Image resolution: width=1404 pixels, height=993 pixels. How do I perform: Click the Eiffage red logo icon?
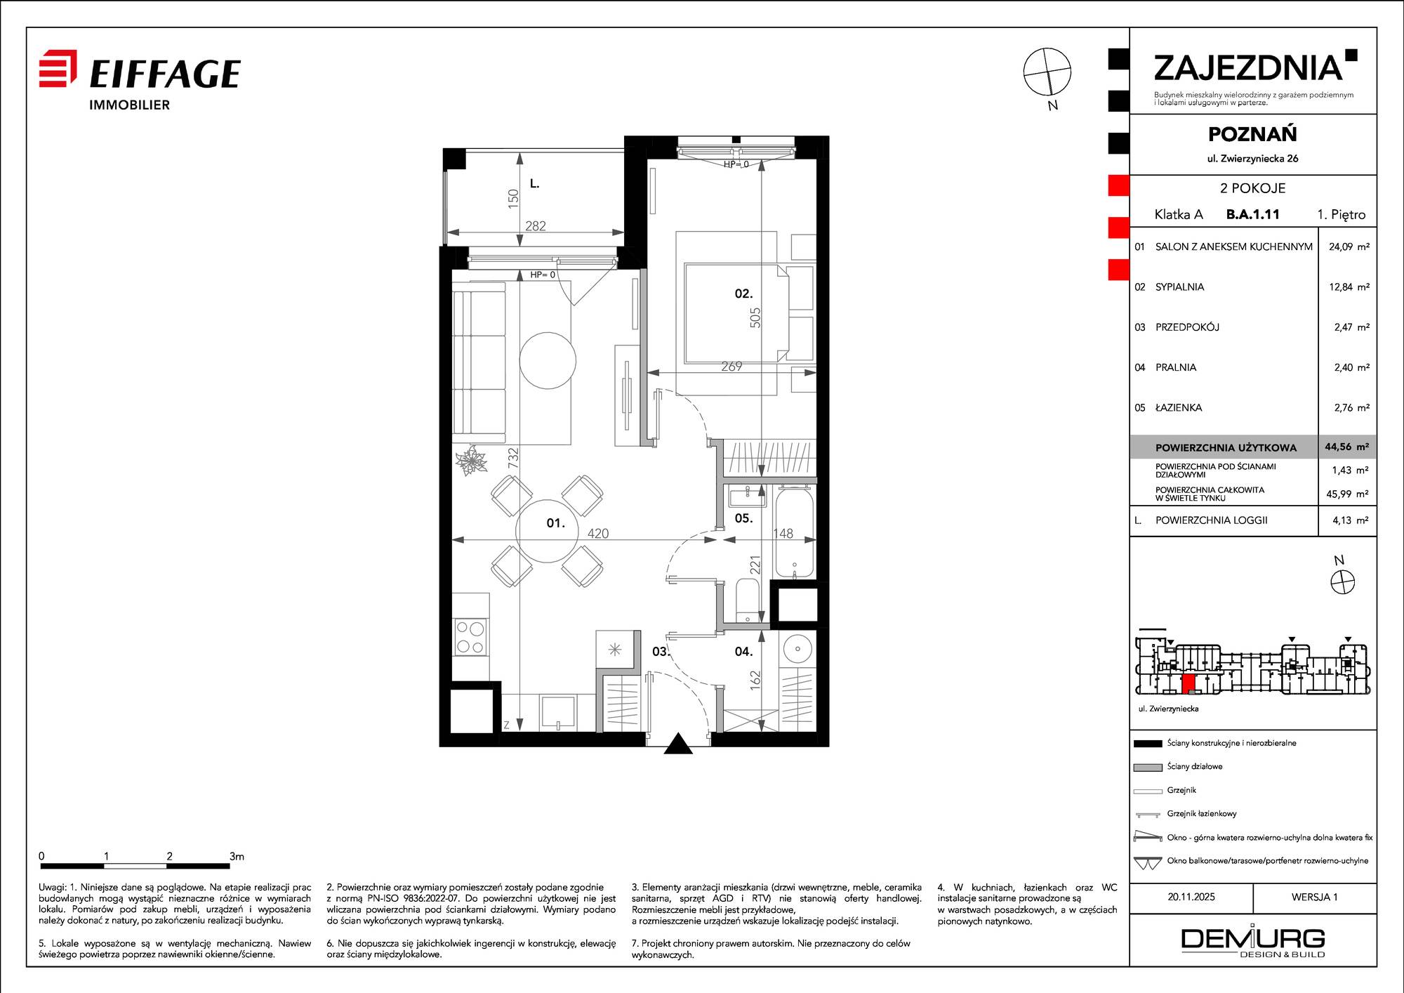[58, 68]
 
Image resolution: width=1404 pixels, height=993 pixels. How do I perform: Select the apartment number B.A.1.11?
[1252, 215]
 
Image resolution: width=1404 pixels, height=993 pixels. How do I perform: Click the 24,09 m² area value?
[1349, 246]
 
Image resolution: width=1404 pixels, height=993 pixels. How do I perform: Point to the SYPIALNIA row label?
[1179, 287]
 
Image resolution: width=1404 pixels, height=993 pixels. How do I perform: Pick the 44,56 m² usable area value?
[1346, 447]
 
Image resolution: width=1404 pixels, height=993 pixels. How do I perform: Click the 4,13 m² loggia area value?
[1351, 520]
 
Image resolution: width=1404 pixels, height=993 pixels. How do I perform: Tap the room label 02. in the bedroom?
[743, 294]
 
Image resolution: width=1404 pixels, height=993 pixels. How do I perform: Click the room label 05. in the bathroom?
[743, 518]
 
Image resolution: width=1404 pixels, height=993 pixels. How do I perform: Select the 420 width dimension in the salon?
[598, 534]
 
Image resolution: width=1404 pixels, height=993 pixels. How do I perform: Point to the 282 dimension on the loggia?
[536, 226]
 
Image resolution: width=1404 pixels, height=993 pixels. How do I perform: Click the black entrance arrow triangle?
[678, 744]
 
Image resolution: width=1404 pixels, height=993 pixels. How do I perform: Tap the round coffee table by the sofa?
[548, 360]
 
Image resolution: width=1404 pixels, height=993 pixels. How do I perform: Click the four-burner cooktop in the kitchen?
[470, 637]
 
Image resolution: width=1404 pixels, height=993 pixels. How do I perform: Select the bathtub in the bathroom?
[795, 533]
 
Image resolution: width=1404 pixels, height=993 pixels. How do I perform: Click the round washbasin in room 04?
[797, 648]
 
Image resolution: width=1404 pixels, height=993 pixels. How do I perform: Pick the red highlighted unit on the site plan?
[1189, 685]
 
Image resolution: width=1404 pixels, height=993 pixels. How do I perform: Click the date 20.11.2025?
[1191, 897]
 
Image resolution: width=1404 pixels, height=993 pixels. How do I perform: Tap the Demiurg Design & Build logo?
[1253, 942]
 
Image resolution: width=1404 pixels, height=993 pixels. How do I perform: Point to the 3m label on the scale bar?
[237, 856]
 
